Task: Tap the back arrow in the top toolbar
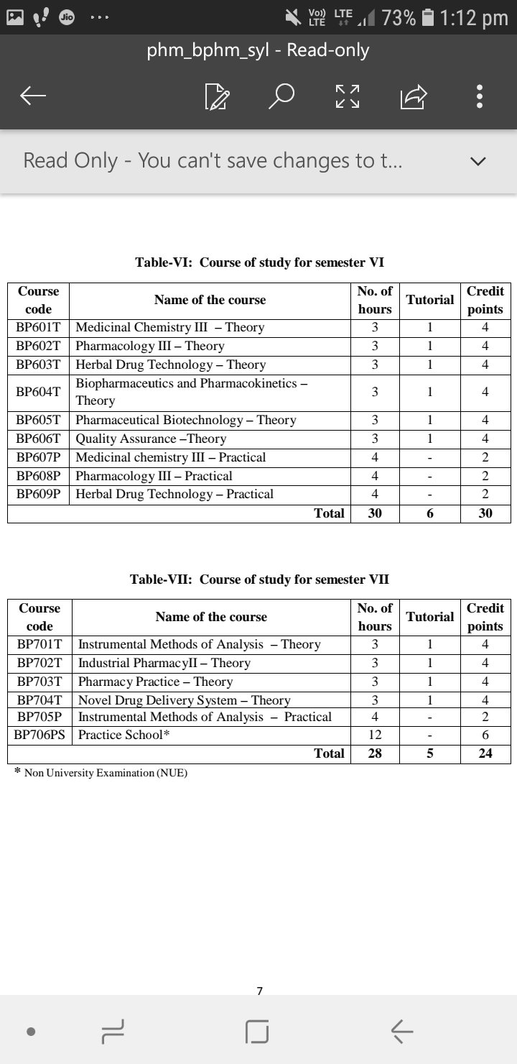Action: pos(33,96)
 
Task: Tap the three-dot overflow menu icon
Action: pos(480,96)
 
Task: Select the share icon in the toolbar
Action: pos(414,96)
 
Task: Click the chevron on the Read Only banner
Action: pos(478,161)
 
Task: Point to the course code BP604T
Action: pos(39,392)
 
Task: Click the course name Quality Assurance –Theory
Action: pos(151,439)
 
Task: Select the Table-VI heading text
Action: pos(259,262)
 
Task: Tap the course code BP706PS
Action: pos(39,735)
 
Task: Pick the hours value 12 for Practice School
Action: pos(375,735)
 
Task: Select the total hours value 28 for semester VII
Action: pos(375,753)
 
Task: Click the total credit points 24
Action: pos(485,753)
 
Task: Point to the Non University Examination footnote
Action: pos(106,773)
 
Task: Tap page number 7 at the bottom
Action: pos(259,991)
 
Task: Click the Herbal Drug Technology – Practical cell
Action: pos(174,494)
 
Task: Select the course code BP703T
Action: pos(39,682)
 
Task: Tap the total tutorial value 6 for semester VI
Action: pos(430,513)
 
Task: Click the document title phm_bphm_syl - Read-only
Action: pos(258,50)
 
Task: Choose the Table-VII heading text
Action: pos(259,579)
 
